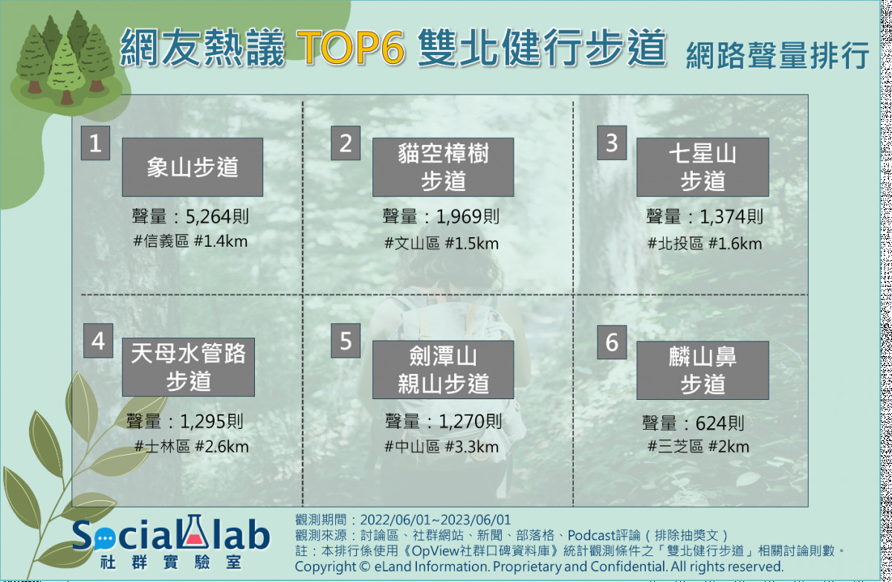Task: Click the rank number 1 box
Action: (x=95, y=143)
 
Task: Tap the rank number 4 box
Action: (x=98, y=340)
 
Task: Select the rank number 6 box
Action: (x=612, y=342)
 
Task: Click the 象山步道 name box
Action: (x=193, y=167)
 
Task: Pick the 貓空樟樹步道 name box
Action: (x=443, y=167)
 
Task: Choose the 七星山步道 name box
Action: (x=702, y=167)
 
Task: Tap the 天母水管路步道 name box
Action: (x=188, y=367)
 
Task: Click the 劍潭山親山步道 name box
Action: (x=443, y=369)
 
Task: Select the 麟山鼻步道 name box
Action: (x=702, y=370)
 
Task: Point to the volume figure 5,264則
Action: (x=217, y=217)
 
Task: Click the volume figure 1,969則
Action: (x=468, y=217)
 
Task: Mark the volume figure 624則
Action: (x=720, y=423)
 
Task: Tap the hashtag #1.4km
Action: (x=221, y=242)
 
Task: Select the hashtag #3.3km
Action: (x=471, y=447)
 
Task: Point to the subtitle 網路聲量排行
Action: (x=778, y=55)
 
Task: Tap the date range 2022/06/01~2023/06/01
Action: (x=436, y=520)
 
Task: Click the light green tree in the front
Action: (x=65, y=70)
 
